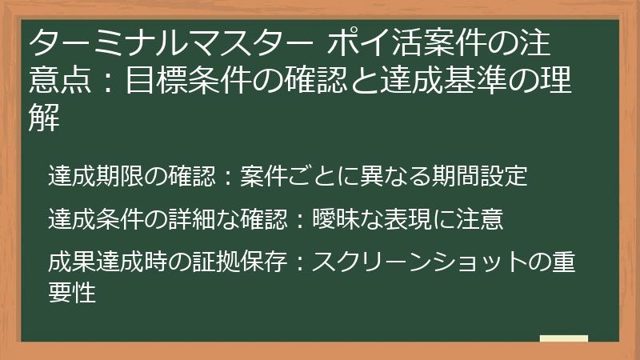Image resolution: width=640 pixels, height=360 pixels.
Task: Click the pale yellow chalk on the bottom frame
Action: point(563,338)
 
